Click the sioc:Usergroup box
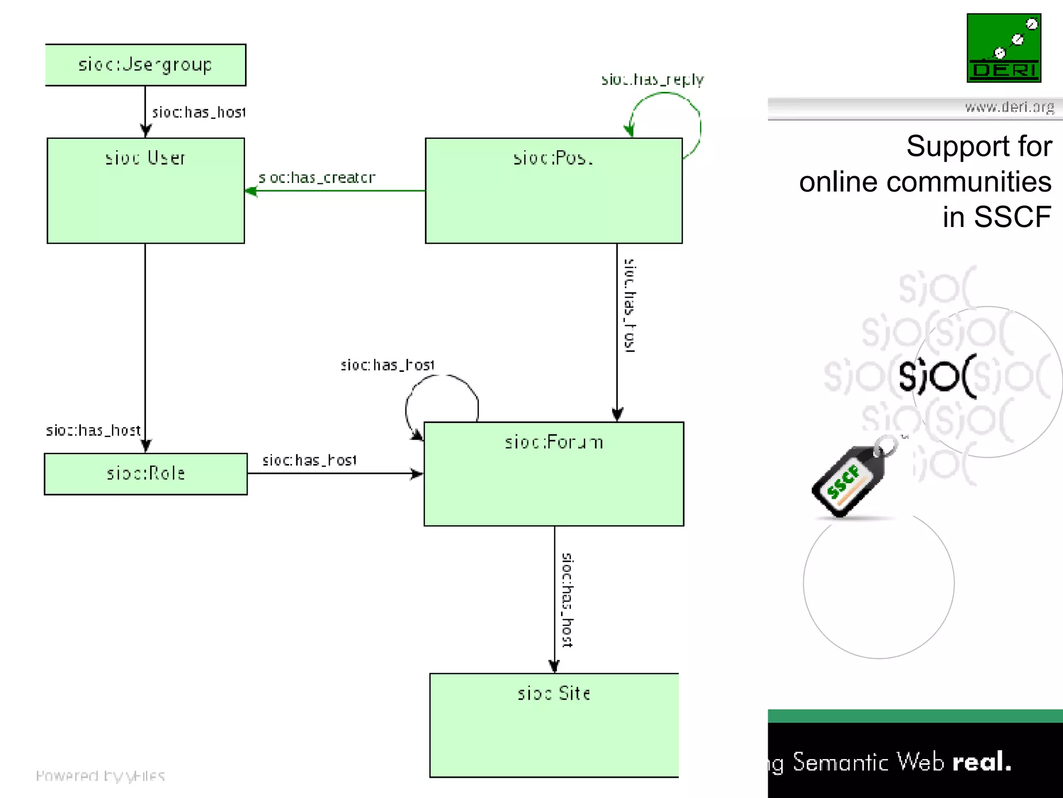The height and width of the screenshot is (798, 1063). [145, 65]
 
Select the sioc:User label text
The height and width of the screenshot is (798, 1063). [145, 157]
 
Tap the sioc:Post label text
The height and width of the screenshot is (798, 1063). [553, 157]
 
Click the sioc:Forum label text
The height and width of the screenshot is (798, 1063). [554, 442]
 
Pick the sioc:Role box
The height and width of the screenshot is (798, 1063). [145, 474]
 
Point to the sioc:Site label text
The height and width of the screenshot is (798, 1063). [554, 694]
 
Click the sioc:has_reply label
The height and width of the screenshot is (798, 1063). [652, 79]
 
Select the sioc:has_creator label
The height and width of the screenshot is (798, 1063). [317, 178]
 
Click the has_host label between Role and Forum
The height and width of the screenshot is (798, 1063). [309, 460]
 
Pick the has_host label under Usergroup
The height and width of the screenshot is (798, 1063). [198, 112]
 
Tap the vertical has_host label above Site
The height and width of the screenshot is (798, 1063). [567, 600]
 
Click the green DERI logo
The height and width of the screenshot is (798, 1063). [1003, 48]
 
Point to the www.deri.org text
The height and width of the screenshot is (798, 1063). [1009, 108]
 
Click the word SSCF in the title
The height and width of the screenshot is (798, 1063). [1012, 217]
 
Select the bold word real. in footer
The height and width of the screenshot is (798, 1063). [982, 762]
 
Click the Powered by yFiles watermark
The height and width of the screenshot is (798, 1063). [100, 776]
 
